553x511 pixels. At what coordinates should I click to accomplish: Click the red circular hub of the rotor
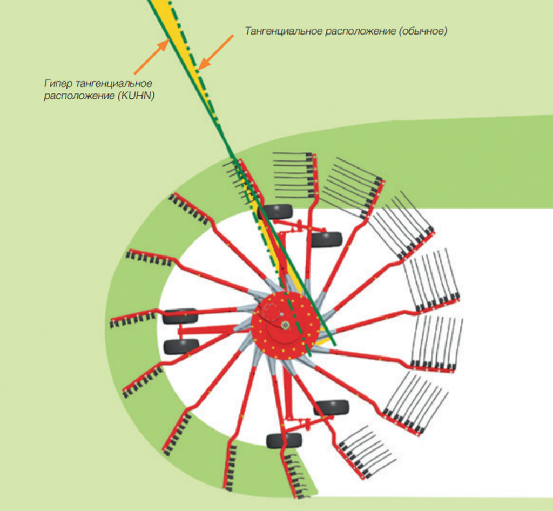point(284,325)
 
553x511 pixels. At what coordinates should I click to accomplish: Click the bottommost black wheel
point(284,441)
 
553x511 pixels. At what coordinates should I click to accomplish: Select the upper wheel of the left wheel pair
point(180,316)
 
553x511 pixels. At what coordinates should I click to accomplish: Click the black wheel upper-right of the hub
point(326,239)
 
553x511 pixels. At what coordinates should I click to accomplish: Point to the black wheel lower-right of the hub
point(331,407)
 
